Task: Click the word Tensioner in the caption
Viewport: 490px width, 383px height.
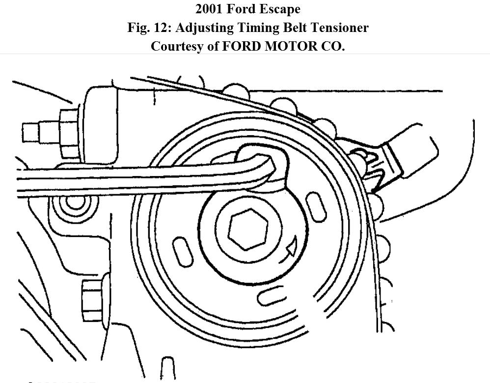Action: [337, 28]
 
